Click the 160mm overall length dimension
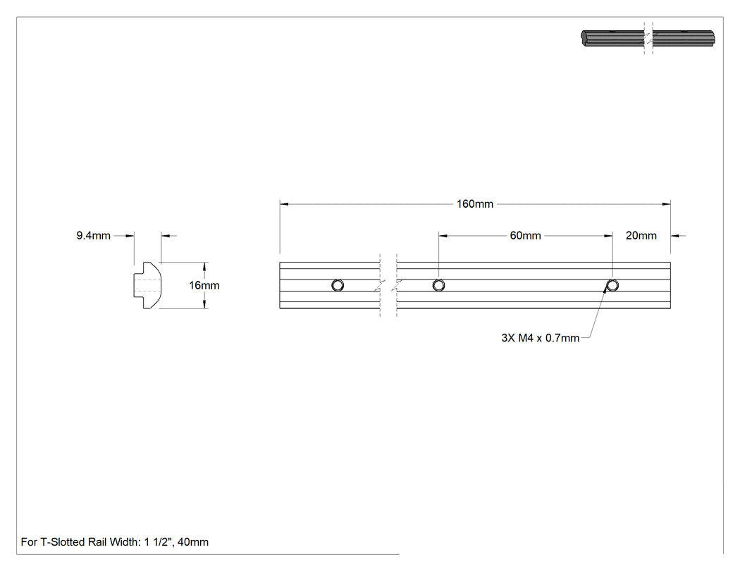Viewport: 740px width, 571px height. tap(475, 204)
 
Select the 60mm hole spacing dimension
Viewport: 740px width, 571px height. tap(525, 236)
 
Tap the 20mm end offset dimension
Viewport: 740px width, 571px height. tap(641, 236)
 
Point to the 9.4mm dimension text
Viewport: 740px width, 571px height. tap(94, 236)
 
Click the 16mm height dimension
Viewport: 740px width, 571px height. tap(204, 285)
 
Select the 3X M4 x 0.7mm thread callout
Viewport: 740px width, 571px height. tap(541, 338)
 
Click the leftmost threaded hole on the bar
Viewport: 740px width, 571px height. tap(338, 285)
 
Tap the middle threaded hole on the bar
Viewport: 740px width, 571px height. tap(438, 285)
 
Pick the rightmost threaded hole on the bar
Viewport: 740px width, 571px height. tap(612, 285)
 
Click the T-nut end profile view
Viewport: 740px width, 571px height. tap(147, 285)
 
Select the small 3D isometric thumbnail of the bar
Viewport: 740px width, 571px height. tap(648, 38)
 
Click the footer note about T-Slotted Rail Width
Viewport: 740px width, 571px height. tap(115, 542)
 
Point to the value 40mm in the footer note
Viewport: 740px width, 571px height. tap(193, 542)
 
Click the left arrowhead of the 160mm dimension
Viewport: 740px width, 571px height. tap(283, 204)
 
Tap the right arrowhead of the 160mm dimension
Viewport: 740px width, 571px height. tap(667, 204)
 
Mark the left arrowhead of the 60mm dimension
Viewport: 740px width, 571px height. tap(443, 236)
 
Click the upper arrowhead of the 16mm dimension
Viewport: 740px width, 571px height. tap(204, 266)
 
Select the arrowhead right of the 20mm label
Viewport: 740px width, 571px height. tap(675, 236)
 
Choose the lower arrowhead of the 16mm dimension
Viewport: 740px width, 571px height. tap(204, 305)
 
